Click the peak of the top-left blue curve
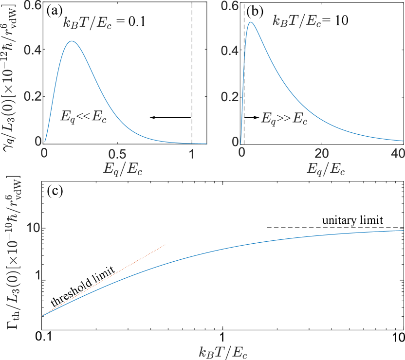[x=72, y=41]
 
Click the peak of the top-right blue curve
[x=250, y=22]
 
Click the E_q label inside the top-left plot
[x=68, y=117]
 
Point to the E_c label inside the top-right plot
[x=300, y=118]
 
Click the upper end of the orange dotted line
[x=166, y=245]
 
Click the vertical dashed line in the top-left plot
[x=192, y=73]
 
